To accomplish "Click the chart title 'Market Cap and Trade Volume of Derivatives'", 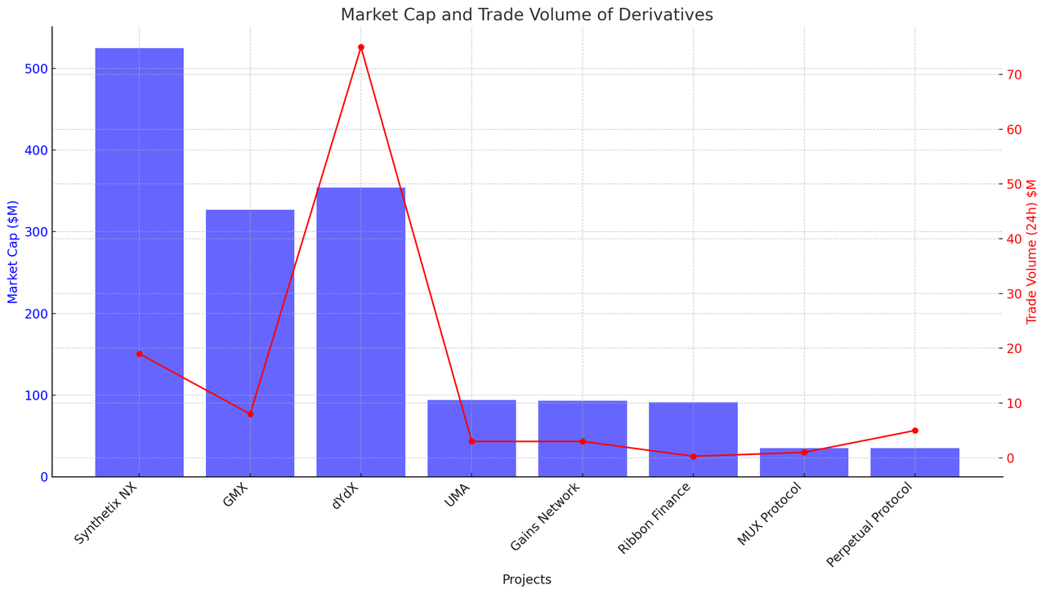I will point(526,15).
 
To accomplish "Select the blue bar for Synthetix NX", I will point(139,261).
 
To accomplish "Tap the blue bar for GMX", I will point(250,343).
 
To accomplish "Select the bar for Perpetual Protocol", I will point(914,462).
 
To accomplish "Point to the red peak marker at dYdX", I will point(360,47).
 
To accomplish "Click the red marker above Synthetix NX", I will point(139,354).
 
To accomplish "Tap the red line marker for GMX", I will point(250,413).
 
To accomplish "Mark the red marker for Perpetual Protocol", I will point(914,431).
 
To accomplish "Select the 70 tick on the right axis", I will point(1014,74).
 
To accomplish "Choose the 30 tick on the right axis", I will point(1014,293).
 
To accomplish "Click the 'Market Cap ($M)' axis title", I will point(13,252).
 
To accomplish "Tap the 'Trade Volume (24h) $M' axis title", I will point(1032,252).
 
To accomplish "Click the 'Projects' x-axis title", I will point(526,579).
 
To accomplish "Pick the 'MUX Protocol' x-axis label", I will point(771,514).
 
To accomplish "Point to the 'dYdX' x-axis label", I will point(346,496).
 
